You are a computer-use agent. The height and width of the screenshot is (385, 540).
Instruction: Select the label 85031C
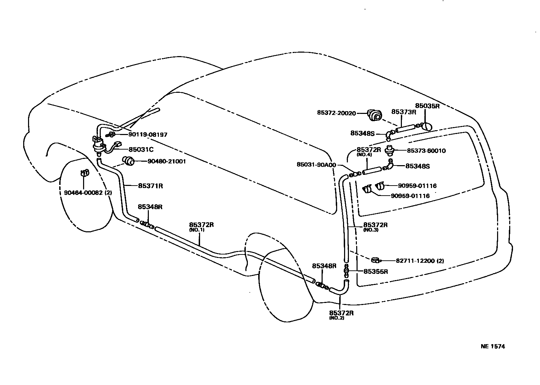click(x=141, y=150)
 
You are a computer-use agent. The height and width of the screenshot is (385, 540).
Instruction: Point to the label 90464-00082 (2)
click(x=88, y=193)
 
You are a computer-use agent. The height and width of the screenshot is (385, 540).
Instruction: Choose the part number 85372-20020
click(x=336, y=113)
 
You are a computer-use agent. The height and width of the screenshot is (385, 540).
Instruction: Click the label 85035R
click(x=427, y=106)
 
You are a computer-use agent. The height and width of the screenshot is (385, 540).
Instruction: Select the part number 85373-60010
click(x=426, y=151)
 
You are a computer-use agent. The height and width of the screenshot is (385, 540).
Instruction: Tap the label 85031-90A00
click(x=316, y=165)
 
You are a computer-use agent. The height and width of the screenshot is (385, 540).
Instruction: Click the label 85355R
click(x=376, y=271)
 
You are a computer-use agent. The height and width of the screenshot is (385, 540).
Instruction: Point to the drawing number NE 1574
click(x=493, y=346)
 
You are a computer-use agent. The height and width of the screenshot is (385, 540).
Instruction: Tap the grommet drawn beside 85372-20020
click(x=375, y=115)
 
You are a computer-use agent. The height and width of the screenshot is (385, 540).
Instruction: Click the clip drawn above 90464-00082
click(x=84, y=172)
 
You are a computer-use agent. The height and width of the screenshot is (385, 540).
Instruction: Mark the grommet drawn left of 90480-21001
click(x=129, y=161)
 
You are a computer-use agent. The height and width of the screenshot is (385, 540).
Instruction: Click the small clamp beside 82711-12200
click(x=376, y=260)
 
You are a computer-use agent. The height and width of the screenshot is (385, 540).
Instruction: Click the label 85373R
click(x=403, y=112)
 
